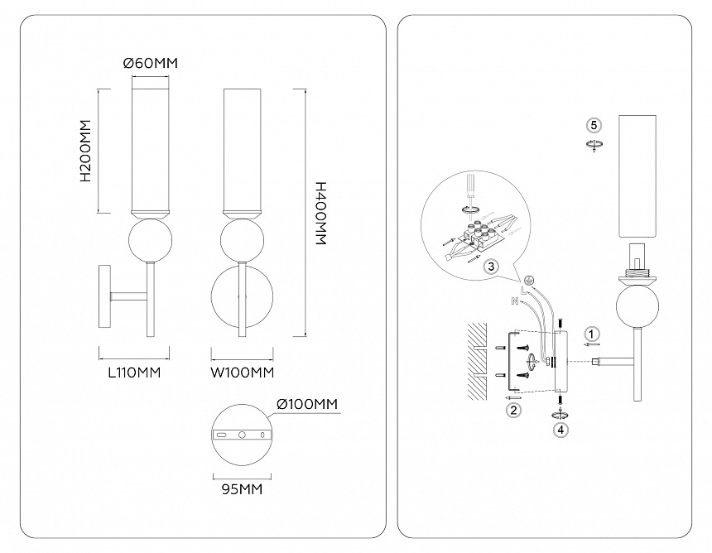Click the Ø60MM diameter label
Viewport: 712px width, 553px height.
[150, 63]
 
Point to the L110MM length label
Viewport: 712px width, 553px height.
[133, 373]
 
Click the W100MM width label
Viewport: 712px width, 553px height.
[242, 373]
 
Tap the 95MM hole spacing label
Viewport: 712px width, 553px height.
[242, 489]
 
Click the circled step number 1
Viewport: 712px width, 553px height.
[590, 333]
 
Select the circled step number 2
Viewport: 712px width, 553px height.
[513, 409]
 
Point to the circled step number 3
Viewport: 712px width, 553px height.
[491, 267]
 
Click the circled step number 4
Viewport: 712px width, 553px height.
[561, 429]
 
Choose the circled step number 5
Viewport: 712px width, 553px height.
[593, 125]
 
